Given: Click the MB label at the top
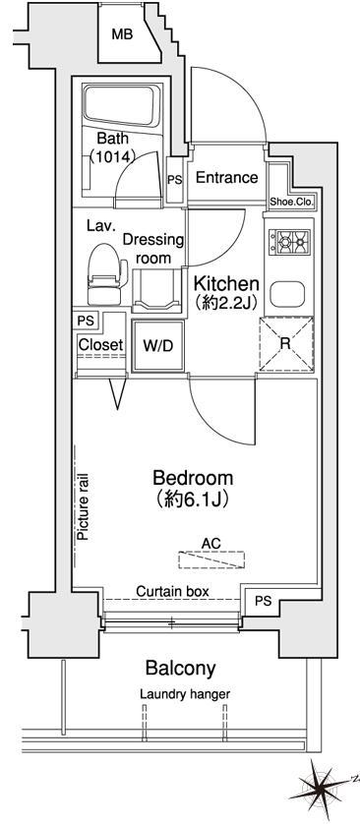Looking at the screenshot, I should (x=121, y=34).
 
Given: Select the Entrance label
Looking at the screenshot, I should (x=226, y=178).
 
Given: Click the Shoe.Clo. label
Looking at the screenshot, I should (x=292, y=202).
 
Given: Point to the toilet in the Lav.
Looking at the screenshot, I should (x=102, y=274).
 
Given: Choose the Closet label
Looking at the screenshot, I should (x=99, y=345).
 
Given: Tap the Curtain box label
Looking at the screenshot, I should (x=171, y=591).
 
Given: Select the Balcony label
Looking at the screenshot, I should (x=180, y=669).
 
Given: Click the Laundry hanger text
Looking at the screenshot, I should (x=184, y=694).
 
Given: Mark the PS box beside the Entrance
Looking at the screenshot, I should (x=174, y=180).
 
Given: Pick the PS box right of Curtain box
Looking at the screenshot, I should (x=263, y=601).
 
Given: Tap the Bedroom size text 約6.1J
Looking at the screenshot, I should (x=192, y=500).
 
